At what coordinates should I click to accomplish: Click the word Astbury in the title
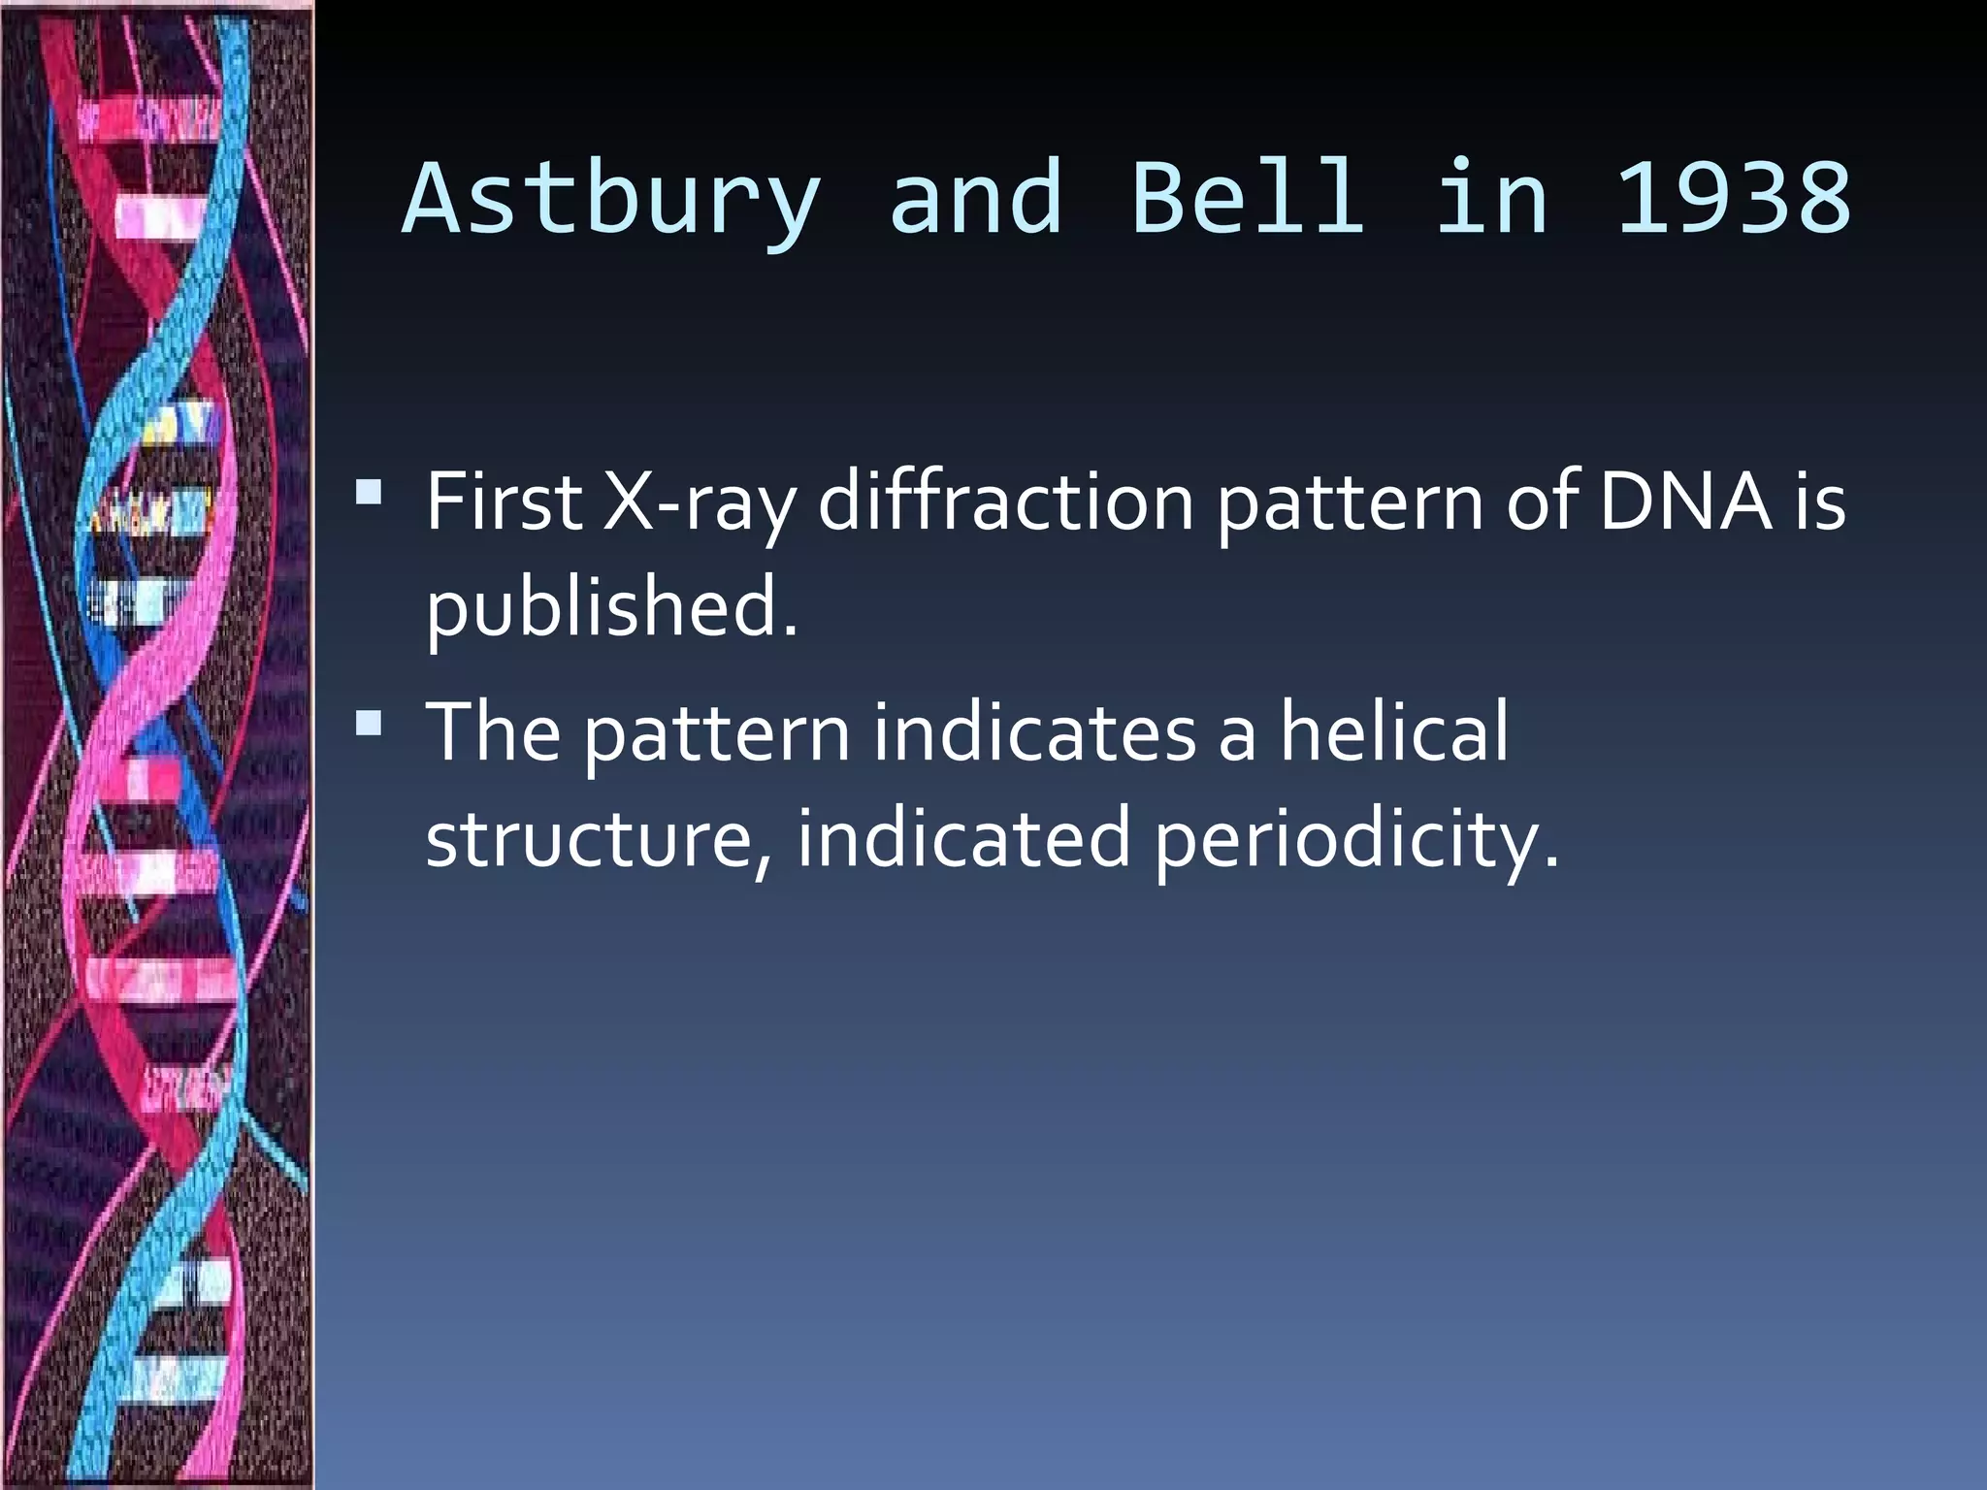[x=611, y=199]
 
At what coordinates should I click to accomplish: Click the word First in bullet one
[x=504, y=502]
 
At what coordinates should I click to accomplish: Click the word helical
[x=1394, y=732]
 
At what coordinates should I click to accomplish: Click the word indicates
[x=1034, y=732]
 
